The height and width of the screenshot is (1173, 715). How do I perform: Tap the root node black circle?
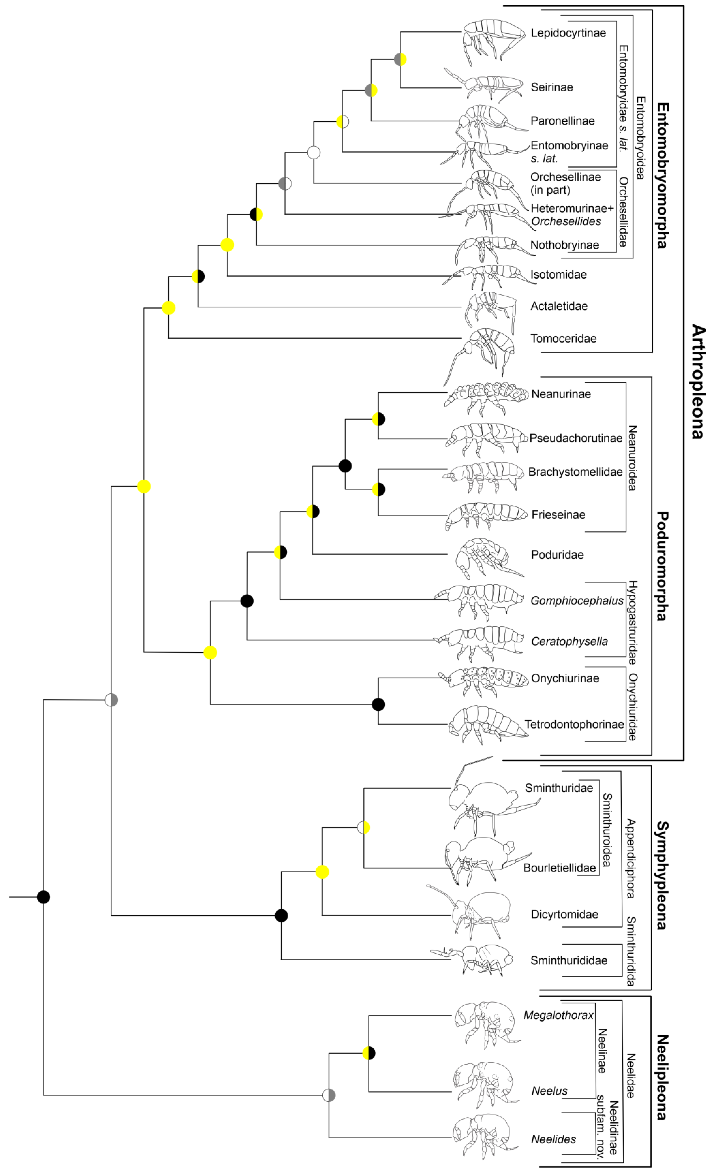[x=43, y=897]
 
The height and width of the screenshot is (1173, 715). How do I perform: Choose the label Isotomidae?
[x=558, y=275]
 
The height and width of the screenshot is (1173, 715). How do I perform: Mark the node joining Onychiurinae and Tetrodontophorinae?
[x=378, y=704]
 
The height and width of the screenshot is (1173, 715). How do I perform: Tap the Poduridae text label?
[x=557, y=555]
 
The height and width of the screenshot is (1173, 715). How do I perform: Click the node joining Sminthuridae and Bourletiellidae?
[x=364, y=827]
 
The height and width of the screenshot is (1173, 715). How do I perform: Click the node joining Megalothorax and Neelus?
[x=369, y=1054]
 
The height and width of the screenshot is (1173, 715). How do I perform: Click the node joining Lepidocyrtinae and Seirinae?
[x=400, y=60]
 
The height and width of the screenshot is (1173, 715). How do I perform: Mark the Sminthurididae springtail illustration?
[x=476, y=959]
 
